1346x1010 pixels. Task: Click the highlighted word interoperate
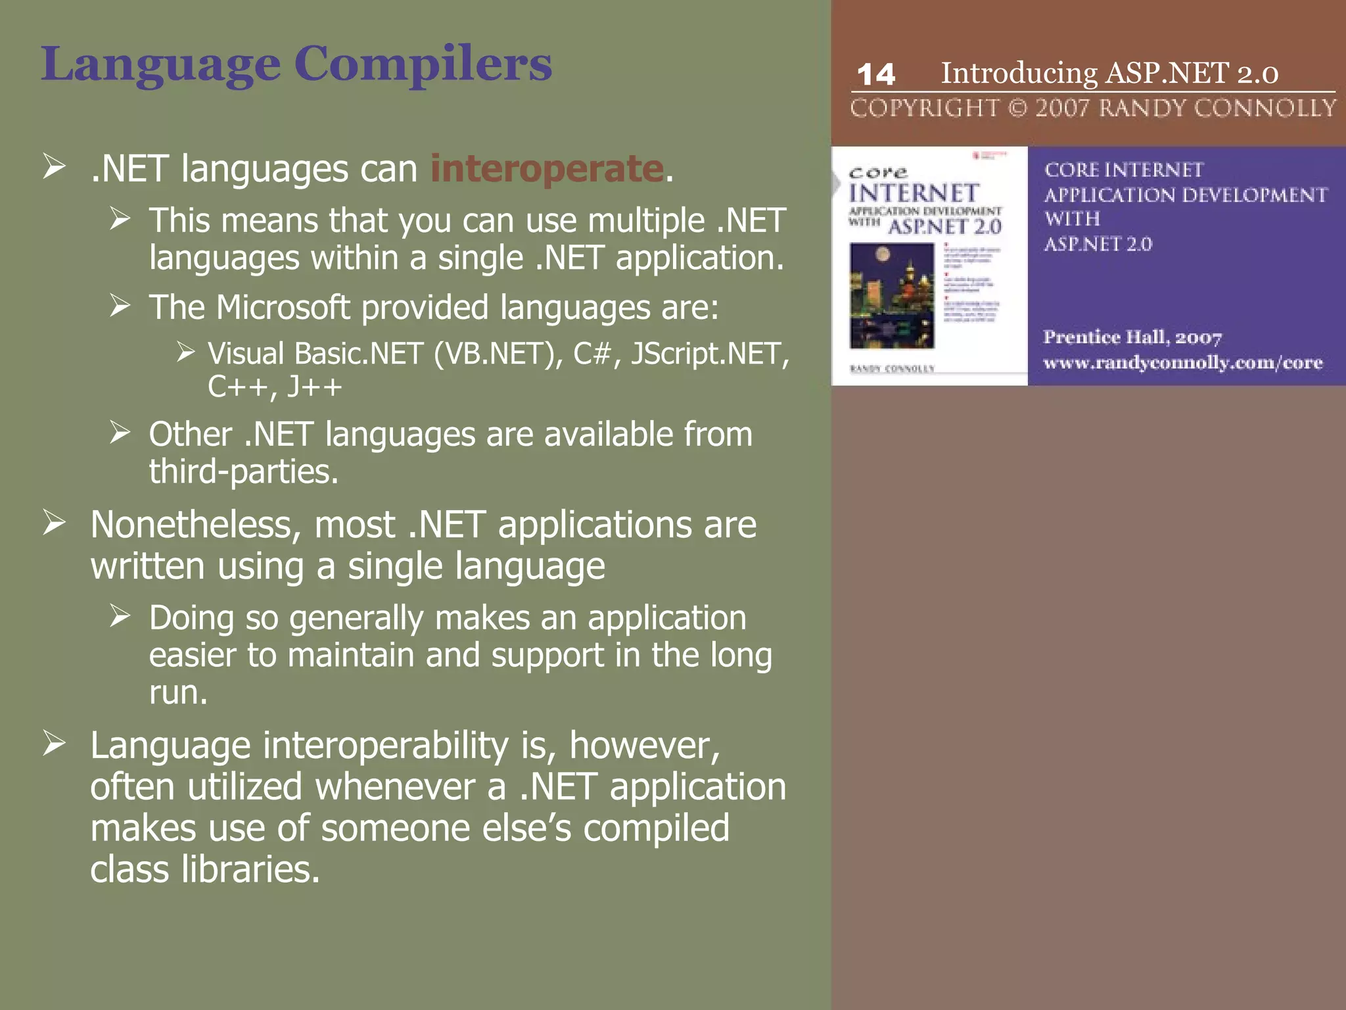pyautogui.click(x=547, y=168)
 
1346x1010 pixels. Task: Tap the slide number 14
pyautogui.click(x=876, y=74)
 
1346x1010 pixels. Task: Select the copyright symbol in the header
pyautogui.click(x=1017, y=108)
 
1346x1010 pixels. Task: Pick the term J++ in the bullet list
pyautogui.click(x=314, y=387)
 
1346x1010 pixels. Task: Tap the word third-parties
pyautogui.click(x=243, y=471)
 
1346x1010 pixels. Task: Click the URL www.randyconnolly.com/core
pyautogui.click(x=1182, y=362)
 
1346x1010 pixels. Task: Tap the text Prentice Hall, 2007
pyautogui.click(x=1132, y=337)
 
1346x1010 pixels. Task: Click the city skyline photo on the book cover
pyautogui.click(x=891, y=296)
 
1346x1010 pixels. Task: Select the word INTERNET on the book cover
pyautogui.click(x=914, y=193)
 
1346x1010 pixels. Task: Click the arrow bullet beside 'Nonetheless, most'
pyautogui.click(x=55, y=523)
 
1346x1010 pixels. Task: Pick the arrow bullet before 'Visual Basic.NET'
pyautogui.click(x=185, y=353)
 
